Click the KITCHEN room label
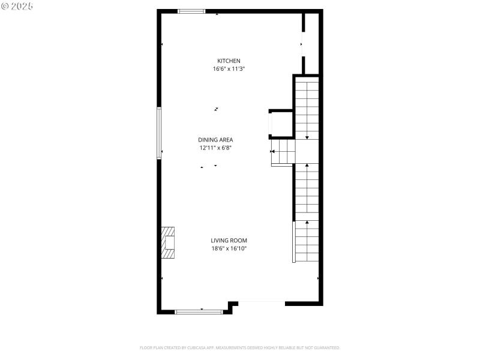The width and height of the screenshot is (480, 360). (229, 61)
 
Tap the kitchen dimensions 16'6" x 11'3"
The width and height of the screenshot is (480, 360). (229, 69)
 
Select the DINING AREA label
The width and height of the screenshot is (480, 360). (215, 140)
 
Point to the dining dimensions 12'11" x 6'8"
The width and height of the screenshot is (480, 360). (215, 148)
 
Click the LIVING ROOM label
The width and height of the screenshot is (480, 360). (229, 241)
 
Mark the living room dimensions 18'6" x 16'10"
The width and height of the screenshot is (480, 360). (229, 248)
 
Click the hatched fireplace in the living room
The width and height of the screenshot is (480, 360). (167, 242)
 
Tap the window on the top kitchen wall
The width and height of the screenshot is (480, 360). (191, 11)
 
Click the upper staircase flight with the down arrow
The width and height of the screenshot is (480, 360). (307, 108)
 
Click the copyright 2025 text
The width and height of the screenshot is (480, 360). (17, 6)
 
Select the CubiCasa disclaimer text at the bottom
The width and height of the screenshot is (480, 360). (239, 348)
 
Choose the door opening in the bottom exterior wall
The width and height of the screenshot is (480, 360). (261, 303)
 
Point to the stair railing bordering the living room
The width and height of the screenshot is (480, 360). (294, 242)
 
